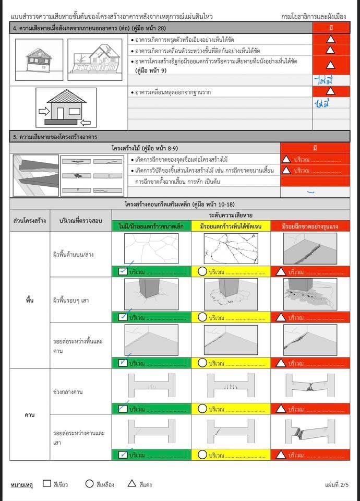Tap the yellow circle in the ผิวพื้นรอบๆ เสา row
point(202,317)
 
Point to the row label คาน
point(29,415)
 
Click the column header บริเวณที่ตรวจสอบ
point(80,221)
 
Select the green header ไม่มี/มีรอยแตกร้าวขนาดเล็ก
point(151,226)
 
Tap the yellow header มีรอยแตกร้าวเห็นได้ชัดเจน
point(230,226)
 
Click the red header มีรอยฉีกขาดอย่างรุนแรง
point(310,226)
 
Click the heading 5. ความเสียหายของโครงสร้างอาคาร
point(60,137)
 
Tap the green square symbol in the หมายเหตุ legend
point(47,484)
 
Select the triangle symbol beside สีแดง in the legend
point(132,484)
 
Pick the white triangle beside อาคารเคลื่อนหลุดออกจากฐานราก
point(330,91)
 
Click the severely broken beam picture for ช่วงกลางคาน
point(310,386)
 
